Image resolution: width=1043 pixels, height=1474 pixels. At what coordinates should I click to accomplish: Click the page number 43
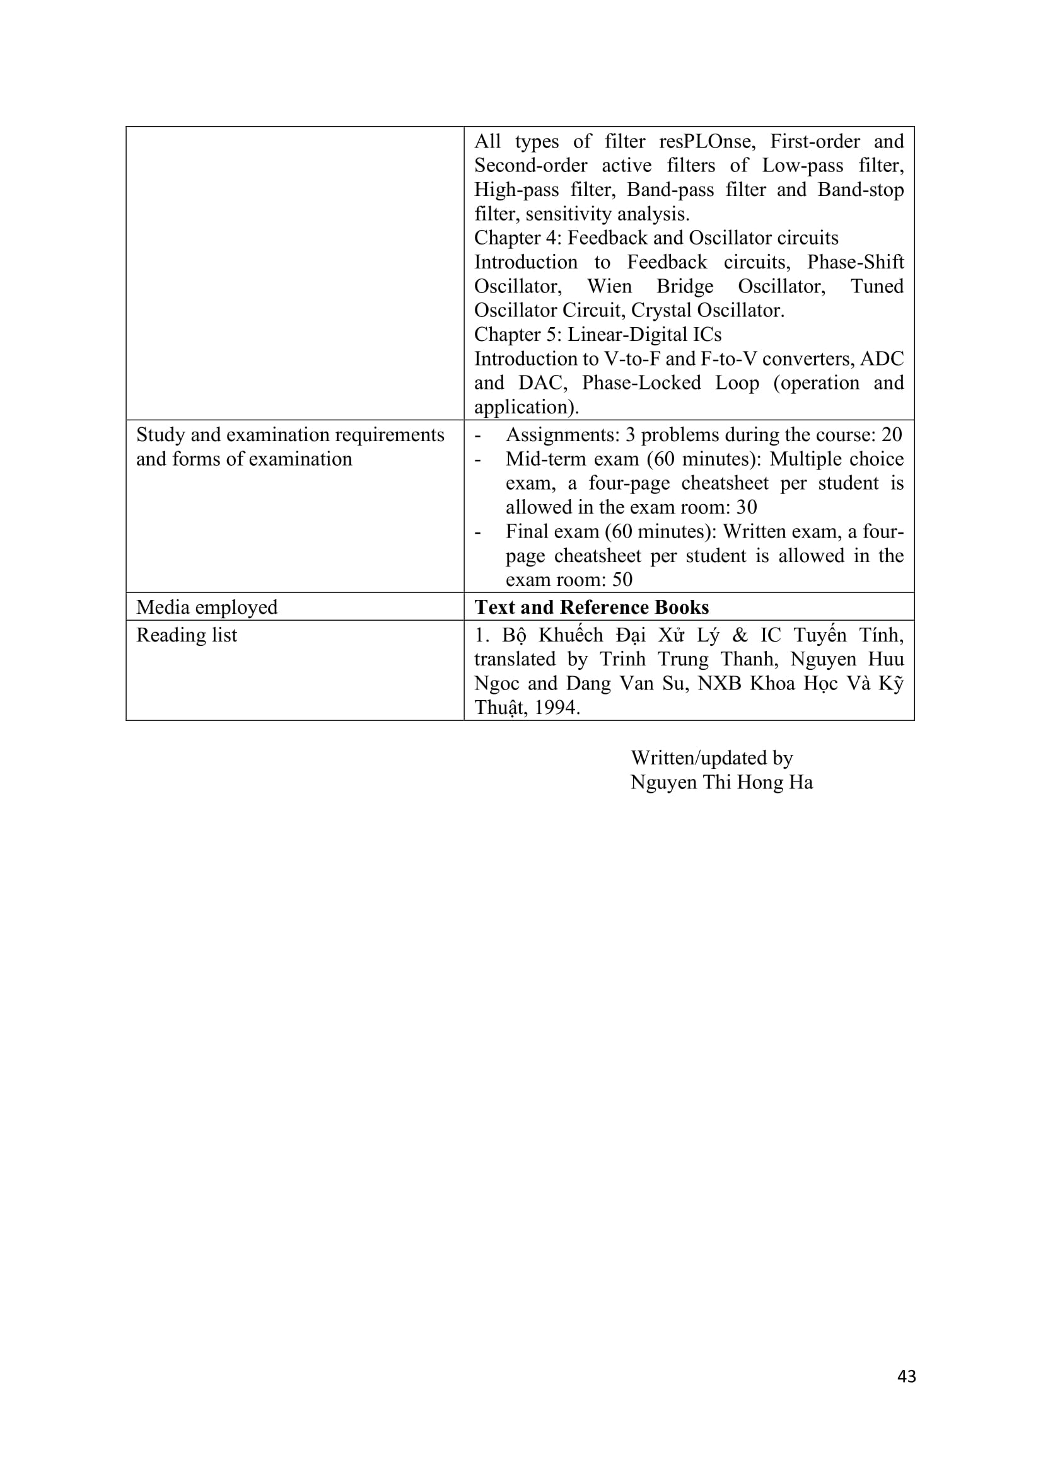click(906, 1376)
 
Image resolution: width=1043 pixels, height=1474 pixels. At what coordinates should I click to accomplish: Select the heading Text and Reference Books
click(591, 607)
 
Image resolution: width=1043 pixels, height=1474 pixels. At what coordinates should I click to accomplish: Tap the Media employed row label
click(207, 607)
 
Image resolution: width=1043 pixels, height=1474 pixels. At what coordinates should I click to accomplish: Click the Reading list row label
click(186, 635)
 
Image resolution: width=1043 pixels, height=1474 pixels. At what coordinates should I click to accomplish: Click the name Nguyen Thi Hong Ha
click(721, 782)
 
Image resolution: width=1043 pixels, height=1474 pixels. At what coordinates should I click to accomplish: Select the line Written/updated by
click(711, 757)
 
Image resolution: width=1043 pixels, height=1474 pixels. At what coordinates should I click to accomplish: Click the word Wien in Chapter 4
click(609, 285)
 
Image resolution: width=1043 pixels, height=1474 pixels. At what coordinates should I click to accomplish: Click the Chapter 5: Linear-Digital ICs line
click(597, 335)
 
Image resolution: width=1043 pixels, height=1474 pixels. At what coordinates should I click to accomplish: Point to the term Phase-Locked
click(641, 383)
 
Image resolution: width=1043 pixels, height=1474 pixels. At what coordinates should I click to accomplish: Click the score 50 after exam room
click(622, 580)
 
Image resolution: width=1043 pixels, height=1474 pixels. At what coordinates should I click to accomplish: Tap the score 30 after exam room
click(746, 507)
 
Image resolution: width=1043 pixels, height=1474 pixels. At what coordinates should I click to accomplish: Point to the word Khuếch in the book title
click(570, 635)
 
